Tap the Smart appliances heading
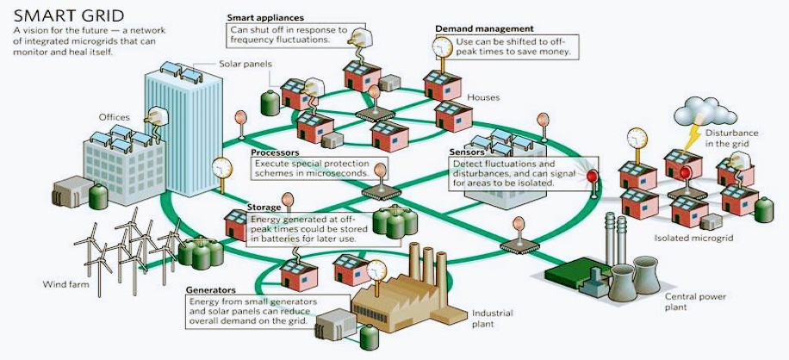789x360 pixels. click(x=265, y=18)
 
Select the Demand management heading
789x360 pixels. click(x=484, y=29)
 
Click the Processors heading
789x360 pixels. click(x=275, y=152)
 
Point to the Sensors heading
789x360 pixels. click(x=467, y=152)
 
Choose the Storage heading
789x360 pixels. click(x=264, y=208)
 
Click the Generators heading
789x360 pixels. click(x=210, y=290)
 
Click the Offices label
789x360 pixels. click(x=115, y=118)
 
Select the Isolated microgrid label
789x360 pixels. click(x=693, y=238)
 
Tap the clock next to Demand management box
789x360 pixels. click(x=442, y=47)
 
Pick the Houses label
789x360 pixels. click(x=483, y=97)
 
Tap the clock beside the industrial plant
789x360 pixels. click(x=376, y=271)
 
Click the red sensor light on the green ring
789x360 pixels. click(x=593, y=177)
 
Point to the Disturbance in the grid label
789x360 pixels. click(x=731, y=139)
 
